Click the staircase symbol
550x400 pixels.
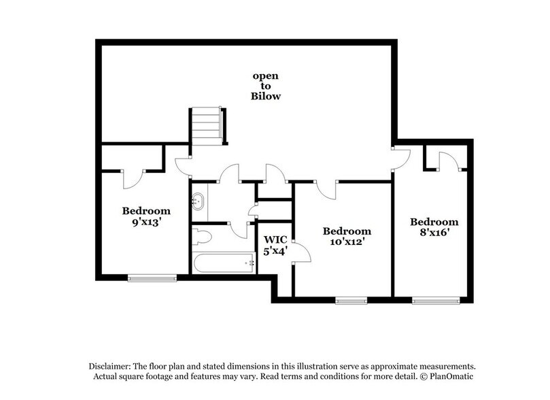click(207, 126)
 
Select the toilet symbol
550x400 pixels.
click(203, 236)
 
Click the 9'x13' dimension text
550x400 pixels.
click(146, 222)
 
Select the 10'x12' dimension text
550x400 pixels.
click(347, 243)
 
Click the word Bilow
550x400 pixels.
click(266, 97)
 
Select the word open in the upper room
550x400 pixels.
click(266, 76)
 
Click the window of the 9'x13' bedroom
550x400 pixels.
click(152, 277)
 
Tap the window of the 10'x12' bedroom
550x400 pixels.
click(351, 299)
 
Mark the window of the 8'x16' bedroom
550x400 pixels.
click(436, 299)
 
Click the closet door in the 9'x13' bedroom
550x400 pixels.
click(132, 179)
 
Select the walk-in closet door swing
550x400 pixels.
click(301, 252)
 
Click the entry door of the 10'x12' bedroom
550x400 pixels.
click(327, 189)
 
